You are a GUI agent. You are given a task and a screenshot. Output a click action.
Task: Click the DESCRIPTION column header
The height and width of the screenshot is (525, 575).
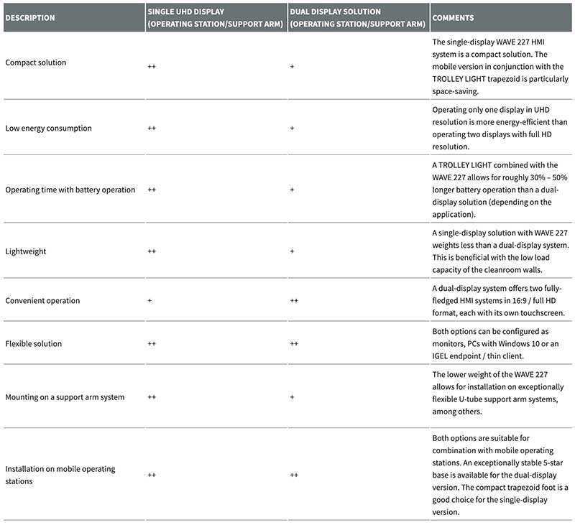pyautogui.click(x=30, y=18)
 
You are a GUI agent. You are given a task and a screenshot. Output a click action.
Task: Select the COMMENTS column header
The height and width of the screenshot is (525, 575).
pyautogui.click(x=453, y=18)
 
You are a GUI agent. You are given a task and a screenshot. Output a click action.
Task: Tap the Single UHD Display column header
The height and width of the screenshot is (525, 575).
pyautogui.click(x=213, y=18)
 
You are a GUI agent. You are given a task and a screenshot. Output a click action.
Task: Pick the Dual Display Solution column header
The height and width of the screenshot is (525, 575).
pyautogui.click(x=356, y=18)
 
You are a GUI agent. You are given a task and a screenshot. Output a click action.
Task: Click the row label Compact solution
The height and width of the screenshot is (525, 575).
pyautogui.click(x=36, y=62)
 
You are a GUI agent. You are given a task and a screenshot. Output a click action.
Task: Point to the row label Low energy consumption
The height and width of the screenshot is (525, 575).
pyautogui.click(x=48, y=128)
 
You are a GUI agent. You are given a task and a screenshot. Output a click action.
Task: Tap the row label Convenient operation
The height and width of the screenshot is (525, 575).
pyautogui.click(x=42, y=300)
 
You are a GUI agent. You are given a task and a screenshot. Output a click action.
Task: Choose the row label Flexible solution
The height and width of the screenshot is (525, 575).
pyautogui.click(x=34, y=343)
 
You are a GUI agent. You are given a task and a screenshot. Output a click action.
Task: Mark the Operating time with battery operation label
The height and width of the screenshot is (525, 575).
pyautogui.click(x=70, y=190)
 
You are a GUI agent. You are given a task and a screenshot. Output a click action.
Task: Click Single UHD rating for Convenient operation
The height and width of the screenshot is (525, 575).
pyautogui.click(x=149, y=300)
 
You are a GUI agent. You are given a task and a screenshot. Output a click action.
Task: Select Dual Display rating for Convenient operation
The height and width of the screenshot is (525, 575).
pyautogui.click(x=294, y=300)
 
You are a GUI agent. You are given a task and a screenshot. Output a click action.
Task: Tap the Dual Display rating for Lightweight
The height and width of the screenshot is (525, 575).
pyautogui.click(x=292, y=252)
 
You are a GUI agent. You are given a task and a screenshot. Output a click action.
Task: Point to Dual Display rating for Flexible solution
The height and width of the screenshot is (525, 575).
pyautogui.click(x=294, y=344)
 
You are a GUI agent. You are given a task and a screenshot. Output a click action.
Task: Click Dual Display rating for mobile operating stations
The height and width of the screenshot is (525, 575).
pyautogui.click(x=294, y=475)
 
